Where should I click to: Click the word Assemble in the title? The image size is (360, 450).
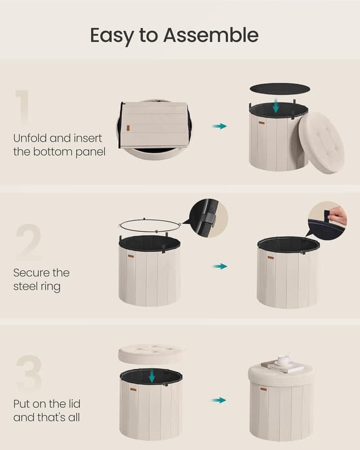click(210, 35)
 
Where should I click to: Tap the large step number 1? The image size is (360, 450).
click(23, 106)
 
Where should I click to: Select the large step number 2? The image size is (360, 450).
click(28, 241)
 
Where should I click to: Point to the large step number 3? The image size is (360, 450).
click(28, 373)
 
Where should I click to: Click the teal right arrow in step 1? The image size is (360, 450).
click(219, 126)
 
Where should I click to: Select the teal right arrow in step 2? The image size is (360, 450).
click(219, 266)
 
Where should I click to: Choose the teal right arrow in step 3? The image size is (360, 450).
click(219, 400)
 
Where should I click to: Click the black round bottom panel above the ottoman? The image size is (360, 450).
click(280, 88)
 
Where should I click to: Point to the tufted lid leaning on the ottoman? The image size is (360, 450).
click(321, 142)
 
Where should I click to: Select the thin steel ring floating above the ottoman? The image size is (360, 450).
click(148, 225)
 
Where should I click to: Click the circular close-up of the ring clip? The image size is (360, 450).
click(208, 218)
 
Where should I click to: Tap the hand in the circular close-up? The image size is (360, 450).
click(337, 215)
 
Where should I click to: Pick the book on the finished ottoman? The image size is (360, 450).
click(282, 366)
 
